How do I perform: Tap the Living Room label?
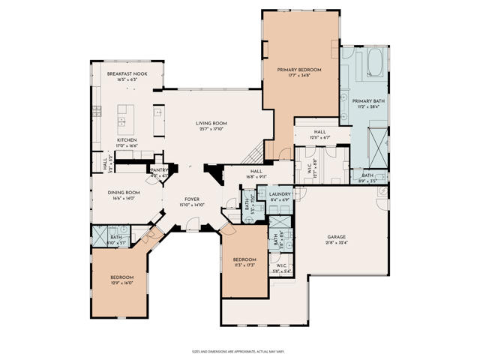211,125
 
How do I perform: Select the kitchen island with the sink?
124,117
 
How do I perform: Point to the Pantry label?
159,172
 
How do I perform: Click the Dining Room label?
126,195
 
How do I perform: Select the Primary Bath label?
367,103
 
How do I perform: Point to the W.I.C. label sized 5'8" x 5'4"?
281,268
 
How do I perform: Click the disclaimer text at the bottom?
239,350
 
